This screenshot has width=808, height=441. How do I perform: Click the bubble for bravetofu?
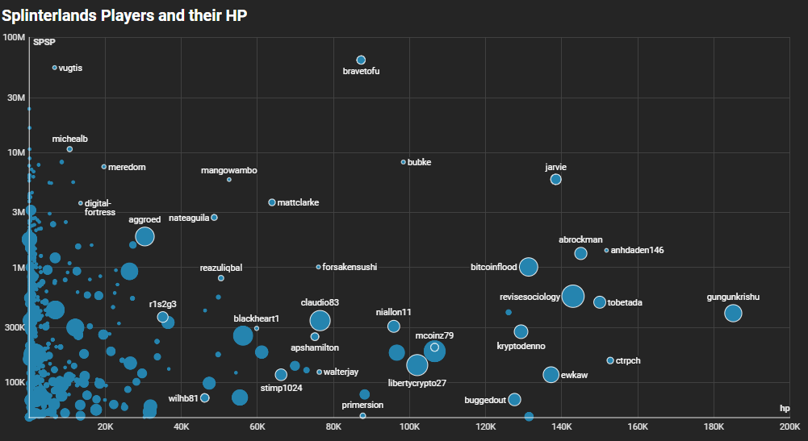coord(361,60)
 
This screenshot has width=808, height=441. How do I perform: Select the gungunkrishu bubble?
coord(733,313)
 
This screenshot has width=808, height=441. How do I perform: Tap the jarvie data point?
coord(555,179)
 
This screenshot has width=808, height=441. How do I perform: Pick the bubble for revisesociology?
coord(572,296)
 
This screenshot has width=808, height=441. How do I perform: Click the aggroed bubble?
coord(144,236)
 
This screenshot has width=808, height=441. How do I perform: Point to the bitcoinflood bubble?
coord(529,267)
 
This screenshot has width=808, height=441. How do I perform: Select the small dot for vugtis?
coord(54,68)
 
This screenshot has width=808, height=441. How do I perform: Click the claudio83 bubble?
coord(320,320)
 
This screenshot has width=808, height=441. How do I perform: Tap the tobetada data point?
coord(600,302)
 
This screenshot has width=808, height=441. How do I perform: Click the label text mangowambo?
coord(228,171)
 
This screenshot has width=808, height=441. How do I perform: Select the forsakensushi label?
coord(350,267)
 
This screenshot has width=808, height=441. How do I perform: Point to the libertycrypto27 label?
coord(417,383)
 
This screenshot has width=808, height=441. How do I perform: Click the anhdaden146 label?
coord(638,250)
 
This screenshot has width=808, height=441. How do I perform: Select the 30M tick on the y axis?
coord(13,97)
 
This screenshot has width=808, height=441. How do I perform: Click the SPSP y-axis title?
coord(44,42)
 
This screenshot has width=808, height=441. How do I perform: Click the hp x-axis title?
coord(784,409)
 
